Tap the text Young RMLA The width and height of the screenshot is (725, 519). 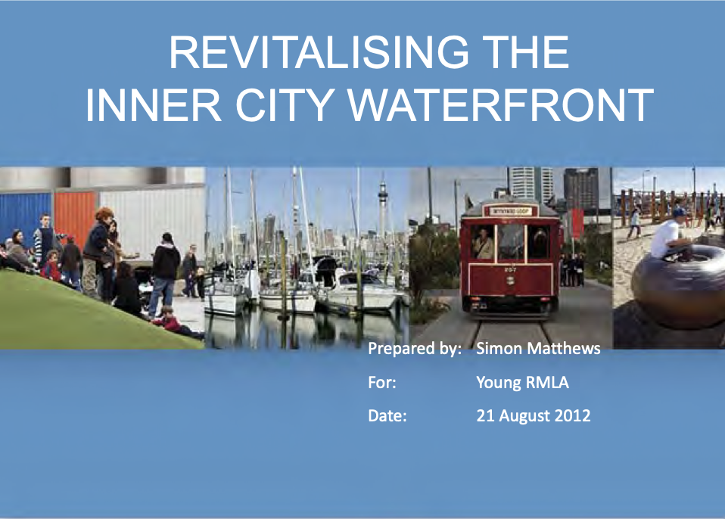[522, 383]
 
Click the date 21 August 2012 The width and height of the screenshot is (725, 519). [534, 415]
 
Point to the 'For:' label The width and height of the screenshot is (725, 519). [382, 383]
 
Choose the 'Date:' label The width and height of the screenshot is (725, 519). [387, 415]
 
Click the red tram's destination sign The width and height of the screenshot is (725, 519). [510, 211]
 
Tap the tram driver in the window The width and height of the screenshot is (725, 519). [483, 243]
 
